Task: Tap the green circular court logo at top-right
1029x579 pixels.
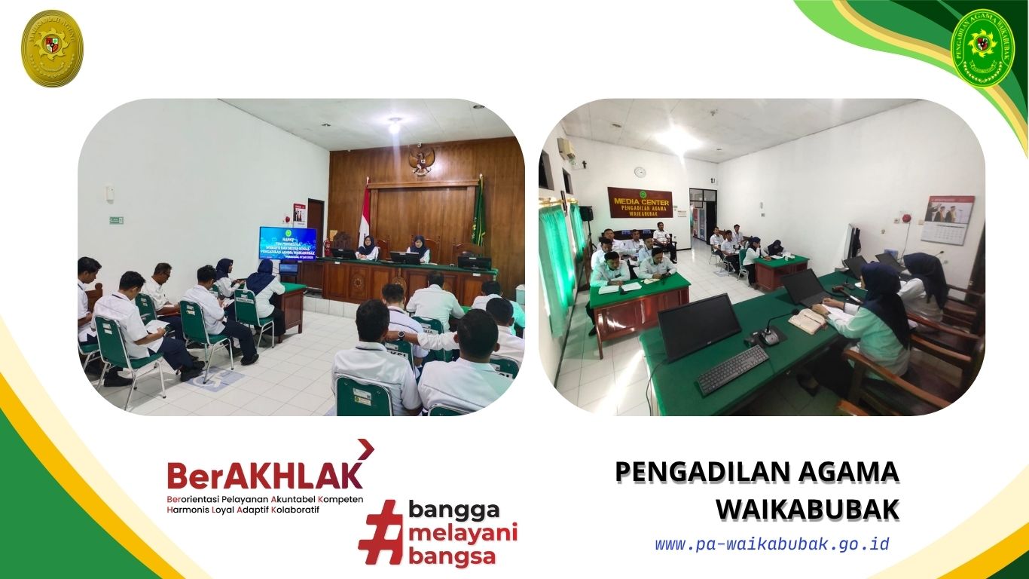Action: point(982,47)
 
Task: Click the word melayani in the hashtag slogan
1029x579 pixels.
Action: point(463,534)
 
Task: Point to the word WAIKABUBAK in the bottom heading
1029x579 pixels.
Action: point(808,510)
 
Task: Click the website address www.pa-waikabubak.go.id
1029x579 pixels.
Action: point(772,544)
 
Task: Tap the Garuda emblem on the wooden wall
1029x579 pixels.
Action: point(421,160)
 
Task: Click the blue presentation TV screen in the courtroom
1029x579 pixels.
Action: point(288,243)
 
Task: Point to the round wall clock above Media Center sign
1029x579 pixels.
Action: point(640,172)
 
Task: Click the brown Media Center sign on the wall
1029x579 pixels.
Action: point(640,202)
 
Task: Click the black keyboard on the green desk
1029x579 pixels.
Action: point(731,369)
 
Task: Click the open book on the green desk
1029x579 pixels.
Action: point(807,320)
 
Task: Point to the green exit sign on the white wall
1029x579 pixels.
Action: point(115,220)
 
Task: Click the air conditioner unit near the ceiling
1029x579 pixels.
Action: point(566,150)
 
